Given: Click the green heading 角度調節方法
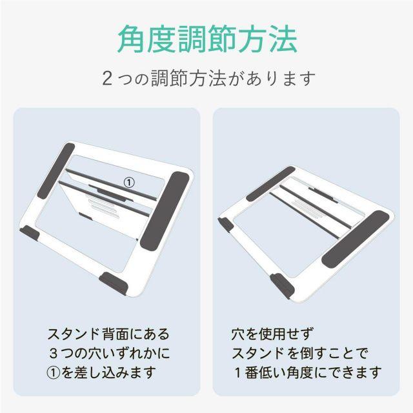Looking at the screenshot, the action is coord(208,39).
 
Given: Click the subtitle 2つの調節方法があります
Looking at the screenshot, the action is coord(208,78).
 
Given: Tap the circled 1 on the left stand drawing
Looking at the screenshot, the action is coord(129,183).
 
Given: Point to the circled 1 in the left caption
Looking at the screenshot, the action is coord(54,372).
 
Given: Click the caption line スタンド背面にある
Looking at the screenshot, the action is coord(108,334).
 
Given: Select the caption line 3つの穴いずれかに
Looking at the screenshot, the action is coord(110,353).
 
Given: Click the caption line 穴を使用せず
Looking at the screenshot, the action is coord(272,334).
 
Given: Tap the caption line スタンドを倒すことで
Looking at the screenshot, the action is coord(299,353).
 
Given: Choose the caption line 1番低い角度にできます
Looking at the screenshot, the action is coord(308,372).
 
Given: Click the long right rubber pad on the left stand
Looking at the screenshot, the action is coord(165,211).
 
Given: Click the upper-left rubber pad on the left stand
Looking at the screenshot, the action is coord(56,170).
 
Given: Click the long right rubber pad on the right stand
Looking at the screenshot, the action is coord(356,239).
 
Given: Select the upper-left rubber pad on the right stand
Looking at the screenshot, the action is coord(270,184).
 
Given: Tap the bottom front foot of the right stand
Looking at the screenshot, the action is coord(282,286).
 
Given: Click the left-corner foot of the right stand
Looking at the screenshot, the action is coord(226,225).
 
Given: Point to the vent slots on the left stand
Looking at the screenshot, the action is coord(103,207).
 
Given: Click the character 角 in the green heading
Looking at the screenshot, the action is coord(132,39).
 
